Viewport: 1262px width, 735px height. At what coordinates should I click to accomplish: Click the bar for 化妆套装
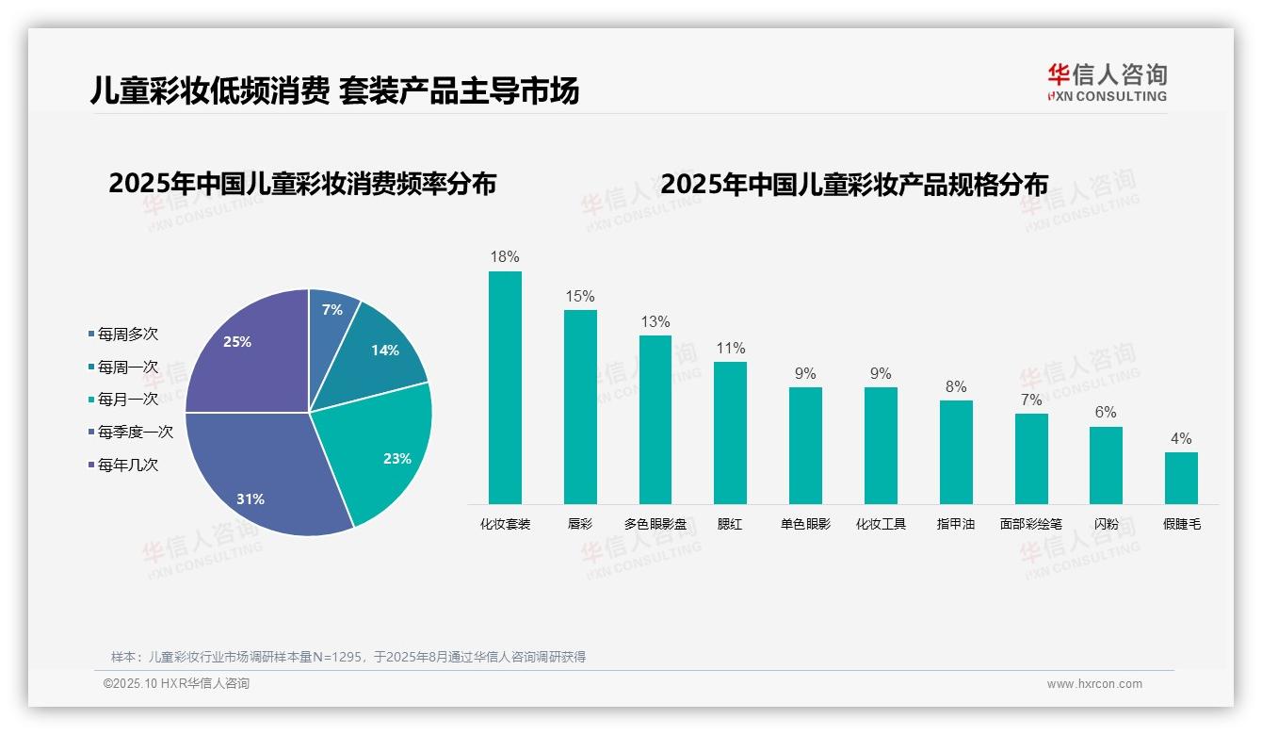point(505,387)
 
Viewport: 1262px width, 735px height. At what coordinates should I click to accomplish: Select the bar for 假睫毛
point(1181,478)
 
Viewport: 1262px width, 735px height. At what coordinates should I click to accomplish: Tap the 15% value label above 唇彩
point(580,296)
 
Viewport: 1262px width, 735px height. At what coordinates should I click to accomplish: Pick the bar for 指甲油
point(956,451)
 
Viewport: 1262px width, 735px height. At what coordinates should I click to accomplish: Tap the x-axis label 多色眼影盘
point(655,524)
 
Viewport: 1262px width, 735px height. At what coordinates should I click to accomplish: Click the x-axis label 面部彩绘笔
point(1030,524)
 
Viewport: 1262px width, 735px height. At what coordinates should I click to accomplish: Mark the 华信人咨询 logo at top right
point(1107,82)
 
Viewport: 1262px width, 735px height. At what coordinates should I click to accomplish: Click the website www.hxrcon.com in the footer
point(1094,684)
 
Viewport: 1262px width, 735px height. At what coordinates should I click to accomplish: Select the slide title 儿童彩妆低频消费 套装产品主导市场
point(334,90)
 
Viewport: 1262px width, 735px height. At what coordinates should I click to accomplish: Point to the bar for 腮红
point(730,433)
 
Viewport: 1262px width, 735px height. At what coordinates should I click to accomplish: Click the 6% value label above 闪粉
point(1106,413)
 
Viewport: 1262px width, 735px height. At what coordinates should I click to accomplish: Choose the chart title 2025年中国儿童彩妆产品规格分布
point(854,185)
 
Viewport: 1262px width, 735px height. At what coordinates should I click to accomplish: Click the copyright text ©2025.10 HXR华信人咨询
point(177,684)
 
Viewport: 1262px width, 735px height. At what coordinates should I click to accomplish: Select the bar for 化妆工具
point(881,445)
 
